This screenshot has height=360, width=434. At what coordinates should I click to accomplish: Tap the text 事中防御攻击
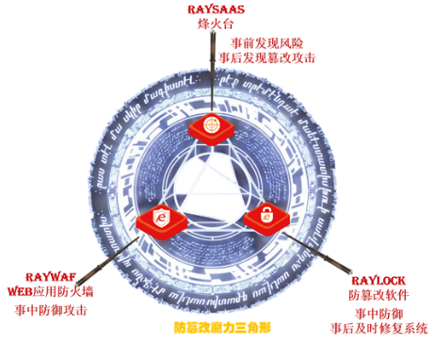[50, 308]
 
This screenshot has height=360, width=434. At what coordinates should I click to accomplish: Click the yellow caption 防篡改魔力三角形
[222, 330]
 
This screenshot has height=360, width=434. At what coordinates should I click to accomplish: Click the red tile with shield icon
[163, 219]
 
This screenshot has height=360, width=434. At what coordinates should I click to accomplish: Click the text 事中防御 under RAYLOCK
[378, 313]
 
